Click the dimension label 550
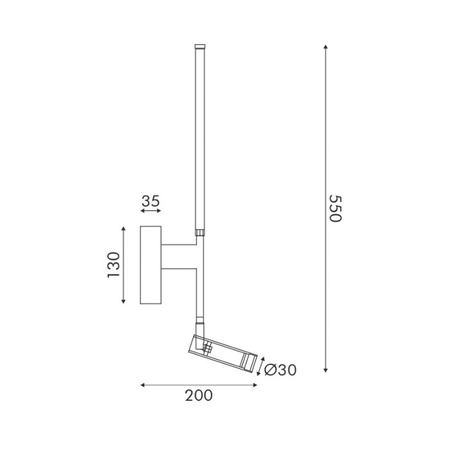click(x=334, y=208)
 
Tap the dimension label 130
click(x=114, y=264)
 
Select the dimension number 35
click(x=150, y=201)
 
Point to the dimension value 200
click(x=198, y=396)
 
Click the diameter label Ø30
click(x=280, y=370)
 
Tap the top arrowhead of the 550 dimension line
click(x=326, y=47)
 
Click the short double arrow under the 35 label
click(x=150, y=210)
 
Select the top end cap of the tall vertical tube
click(x=200, y=47)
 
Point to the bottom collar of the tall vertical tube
click(x=200, y=233)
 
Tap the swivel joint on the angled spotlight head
click(x=207, y=348)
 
